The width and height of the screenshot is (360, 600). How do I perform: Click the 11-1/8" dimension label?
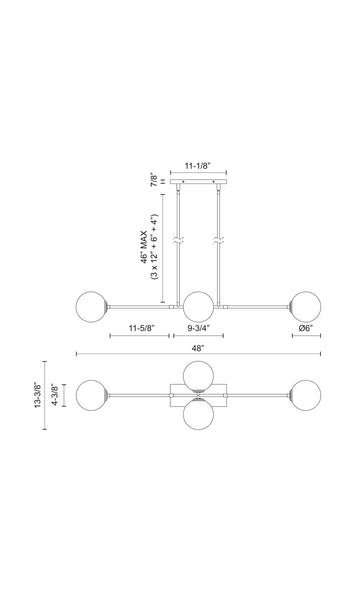pyautogui.click(x=198, y=166)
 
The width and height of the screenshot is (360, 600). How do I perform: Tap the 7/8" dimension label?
pyautogui.click(x=154, y=180)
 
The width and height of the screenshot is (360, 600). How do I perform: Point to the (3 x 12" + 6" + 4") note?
pyautogui.click(x=154, y=247)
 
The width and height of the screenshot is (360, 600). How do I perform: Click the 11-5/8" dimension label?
pyautogui.click(x=142, y=328)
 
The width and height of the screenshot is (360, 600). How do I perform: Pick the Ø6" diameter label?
pyautogui.click(x=306, y=328)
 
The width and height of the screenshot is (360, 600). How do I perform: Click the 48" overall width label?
pyautogui.click(x=198, y=348)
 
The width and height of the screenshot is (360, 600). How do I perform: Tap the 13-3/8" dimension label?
pyautogui.click(x=39, y=395)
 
